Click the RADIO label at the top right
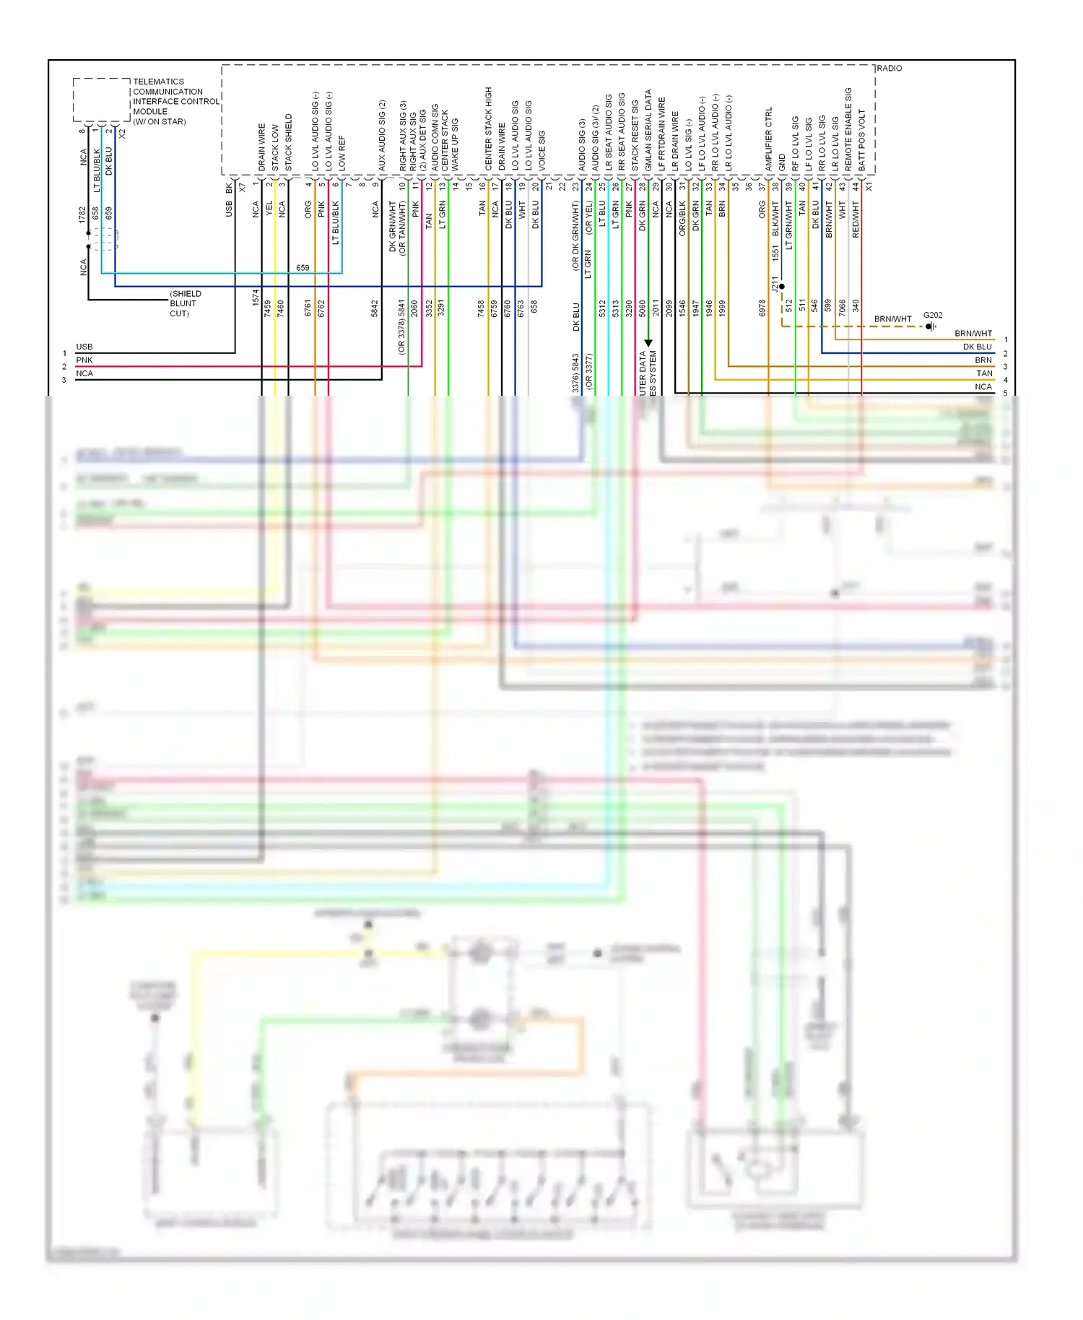tap(889, 68)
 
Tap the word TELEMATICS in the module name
tap(158, 82)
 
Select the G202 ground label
tap(932, 315)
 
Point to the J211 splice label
tap(774, 284)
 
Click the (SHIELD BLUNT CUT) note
tap(185, 303)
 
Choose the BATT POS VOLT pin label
tap(861, 140)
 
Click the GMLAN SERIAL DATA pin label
tap(648, 130)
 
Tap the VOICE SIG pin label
tap(541, 150)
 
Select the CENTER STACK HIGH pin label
tap(488, 129)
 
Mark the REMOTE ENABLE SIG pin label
tap(848, 129)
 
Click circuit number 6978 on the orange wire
tap(762, 308)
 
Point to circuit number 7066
tap(842, 308)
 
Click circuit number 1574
tap(256, 298)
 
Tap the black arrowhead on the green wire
tap(648, 343)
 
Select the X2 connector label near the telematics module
tap(122, 134)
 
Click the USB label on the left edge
tap(84, 347)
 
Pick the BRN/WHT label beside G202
tap(892, 318)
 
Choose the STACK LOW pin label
tap(275, 147)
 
